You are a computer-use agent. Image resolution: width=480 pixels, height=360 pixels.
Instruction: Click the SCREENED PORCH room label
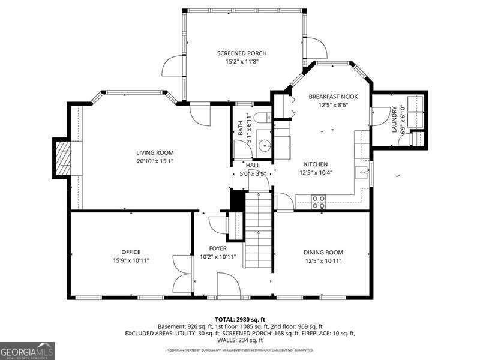(x=242, y=53)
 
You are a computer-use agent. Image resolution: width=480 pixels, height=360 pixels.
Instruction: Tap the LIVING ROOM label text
(x=155, y=152)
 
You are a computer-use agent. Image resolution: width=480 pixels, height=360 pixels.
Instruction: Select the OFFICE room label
(x=131, y=252)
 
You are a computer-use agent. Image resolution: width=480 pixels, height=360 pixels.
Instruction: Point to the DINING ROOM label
(x=323, y=252)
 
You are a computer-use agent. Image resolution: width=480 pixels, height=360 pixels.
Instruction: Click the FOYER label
(x=218, y=248)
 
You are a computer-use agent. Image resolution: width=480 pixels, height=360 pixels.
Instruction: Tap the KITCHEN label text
(x=316, y=164)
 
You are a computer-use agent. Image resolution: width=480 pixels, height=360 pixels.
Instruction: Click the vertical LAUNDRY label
(x=394, y=119)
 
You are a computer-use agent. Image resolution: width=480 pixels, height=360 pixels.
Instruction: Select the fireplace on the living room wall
(x=62, y=157)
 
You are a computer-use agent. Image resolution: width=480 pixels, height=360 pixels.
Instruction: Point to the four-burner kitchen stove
(x=319, y=202)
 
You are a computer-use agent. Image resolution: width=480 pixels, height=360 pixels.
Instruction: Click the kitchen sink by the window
(x=362, y=173)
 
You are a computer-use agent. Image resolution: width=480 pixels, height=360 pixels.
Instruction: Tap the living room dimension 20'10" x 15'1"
(x=155, y=161)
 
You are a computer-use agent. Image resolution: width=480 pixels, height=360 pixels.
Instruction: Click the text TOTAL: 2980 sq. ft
(x=240, y=319)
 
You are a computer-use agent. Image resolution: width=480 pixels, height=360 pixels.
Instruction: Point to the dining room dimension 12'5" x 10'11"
(x=323, y=260)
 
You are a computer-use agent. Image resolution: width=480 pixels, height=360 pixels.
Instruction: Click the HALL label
(x=253, y=165)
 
